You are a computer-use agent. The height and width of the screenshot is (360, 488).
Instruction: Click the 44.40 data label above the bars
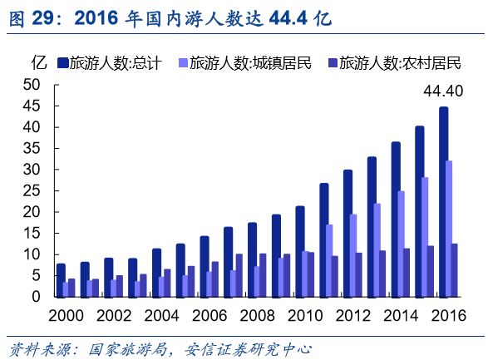442,91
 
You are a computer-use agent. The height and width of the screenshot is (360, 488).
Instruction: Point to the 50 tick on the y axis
32,84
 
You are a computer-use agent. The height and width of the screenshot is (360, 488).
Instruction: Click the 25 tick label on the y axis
32,190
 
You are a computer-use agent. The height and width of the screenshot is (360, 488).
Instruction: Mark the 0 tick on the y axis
36,297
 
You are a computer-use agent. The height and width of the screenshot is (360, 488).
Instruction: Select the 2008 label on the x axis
257,316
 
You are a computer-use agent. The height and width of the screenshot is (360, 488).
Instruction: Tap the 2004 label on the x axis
161,316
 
